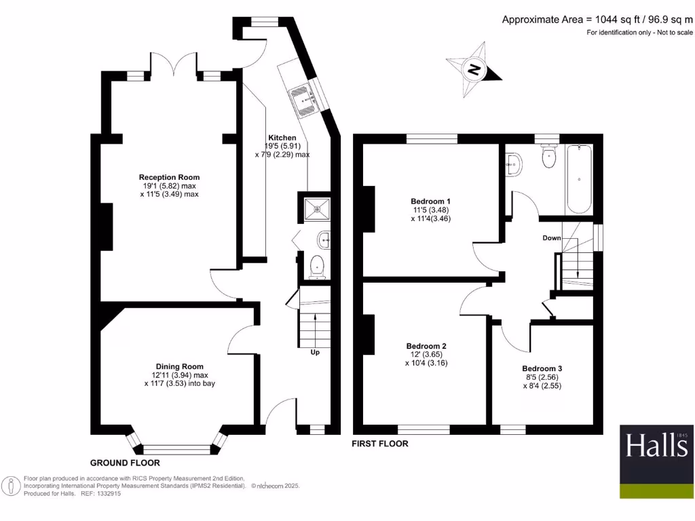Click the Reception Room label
tap(170, 178)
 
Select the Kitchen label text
tap(282, 137)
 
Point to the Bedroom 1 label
tap(430, 201)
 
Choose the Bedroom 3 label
tap(542, 368)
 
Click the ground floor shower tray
tap(316, 208)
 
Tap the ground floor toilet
tap(317, 267)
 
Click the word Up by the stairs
tap(315, 352)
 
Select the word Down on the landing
tap(551, 238)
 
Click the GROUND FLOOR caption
tap(125, 463)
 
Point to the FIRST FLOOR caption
tap(379, 444)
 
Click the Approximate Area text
tap(597, 20)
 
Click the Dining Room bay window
tap(177, 448)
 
